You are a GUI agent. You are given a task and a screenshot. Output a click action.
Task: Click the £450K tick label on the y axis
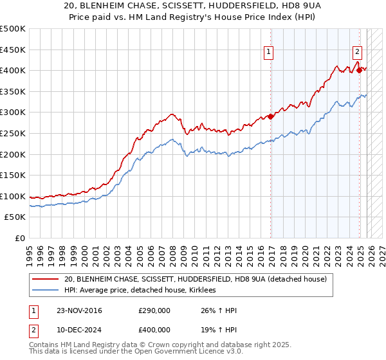point(13,50)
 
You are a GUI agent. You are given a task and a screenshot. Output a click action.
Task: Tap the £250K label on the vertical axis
point(13,133)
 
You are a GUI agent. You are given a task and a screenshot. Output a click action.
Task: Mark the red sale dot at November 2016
point(271,116)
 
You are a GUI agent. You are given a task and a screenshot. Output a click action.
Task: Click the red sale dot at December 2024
point(360,70)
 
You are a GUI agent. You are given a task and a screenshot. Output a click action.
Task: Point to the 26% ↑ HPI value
point(218,310)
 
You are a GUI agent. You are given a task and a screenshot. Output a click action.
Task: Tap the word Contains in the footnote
point(46,346)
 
